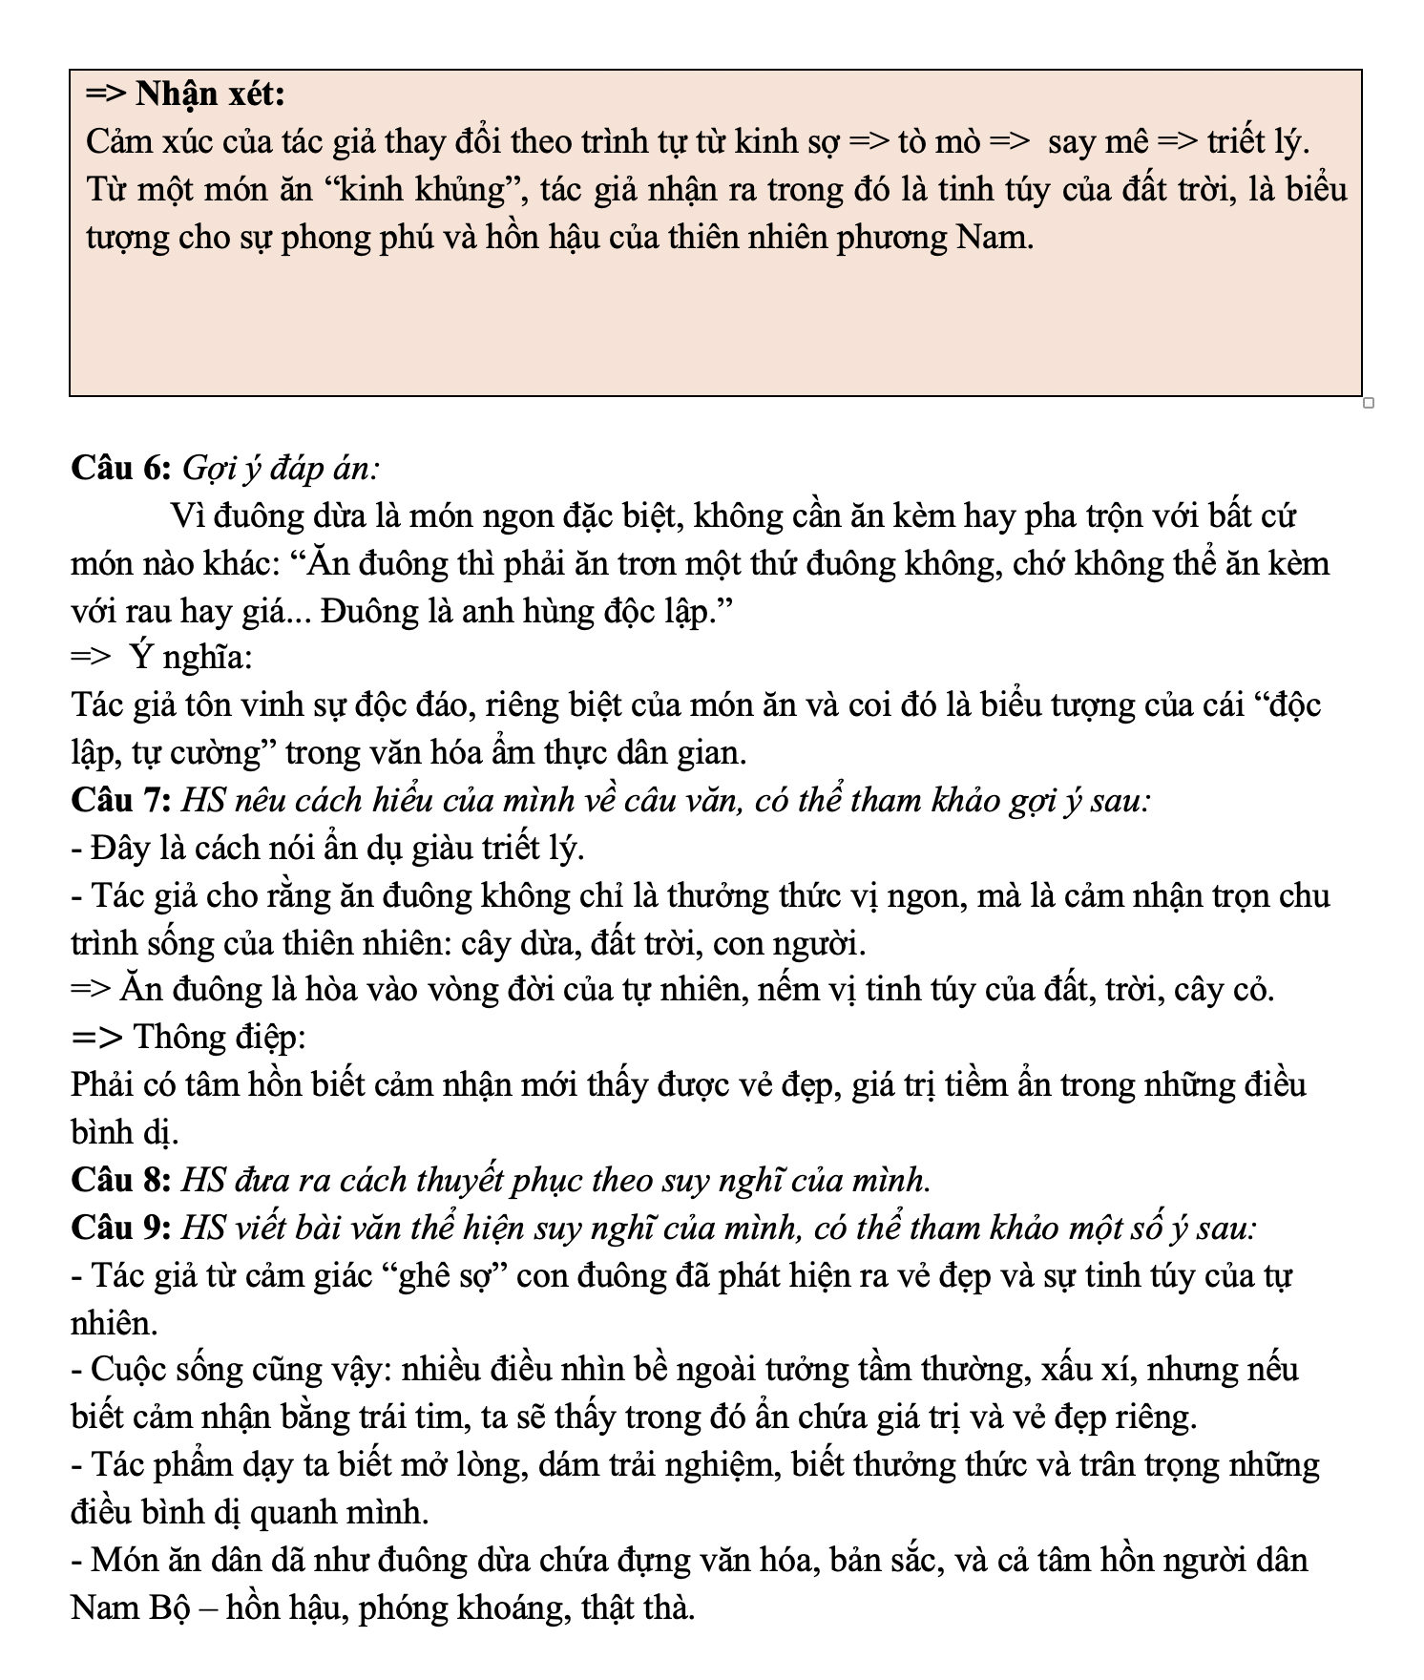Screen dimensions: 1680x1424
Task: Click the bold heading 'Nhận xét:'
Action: coord(210,94)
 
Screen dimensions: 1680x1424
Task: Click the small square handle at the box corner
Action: coord(1368,403)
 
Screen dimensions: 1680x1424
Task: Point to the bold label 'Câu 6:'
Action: coord(121,468)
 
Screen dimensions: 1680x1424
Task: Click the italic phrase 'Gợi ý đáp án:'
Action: coord(280,468)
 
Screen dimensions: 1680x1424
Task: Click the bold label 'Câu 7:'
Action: coord(121,800)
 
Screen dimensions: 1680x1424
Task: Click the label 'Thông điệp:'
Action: coord(220,1037)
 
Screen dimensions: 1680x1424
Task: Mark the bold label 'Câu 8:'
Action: coord(121,1180)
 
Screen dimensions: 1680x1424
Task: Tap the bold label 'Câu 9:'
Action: coord(121,1228)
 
